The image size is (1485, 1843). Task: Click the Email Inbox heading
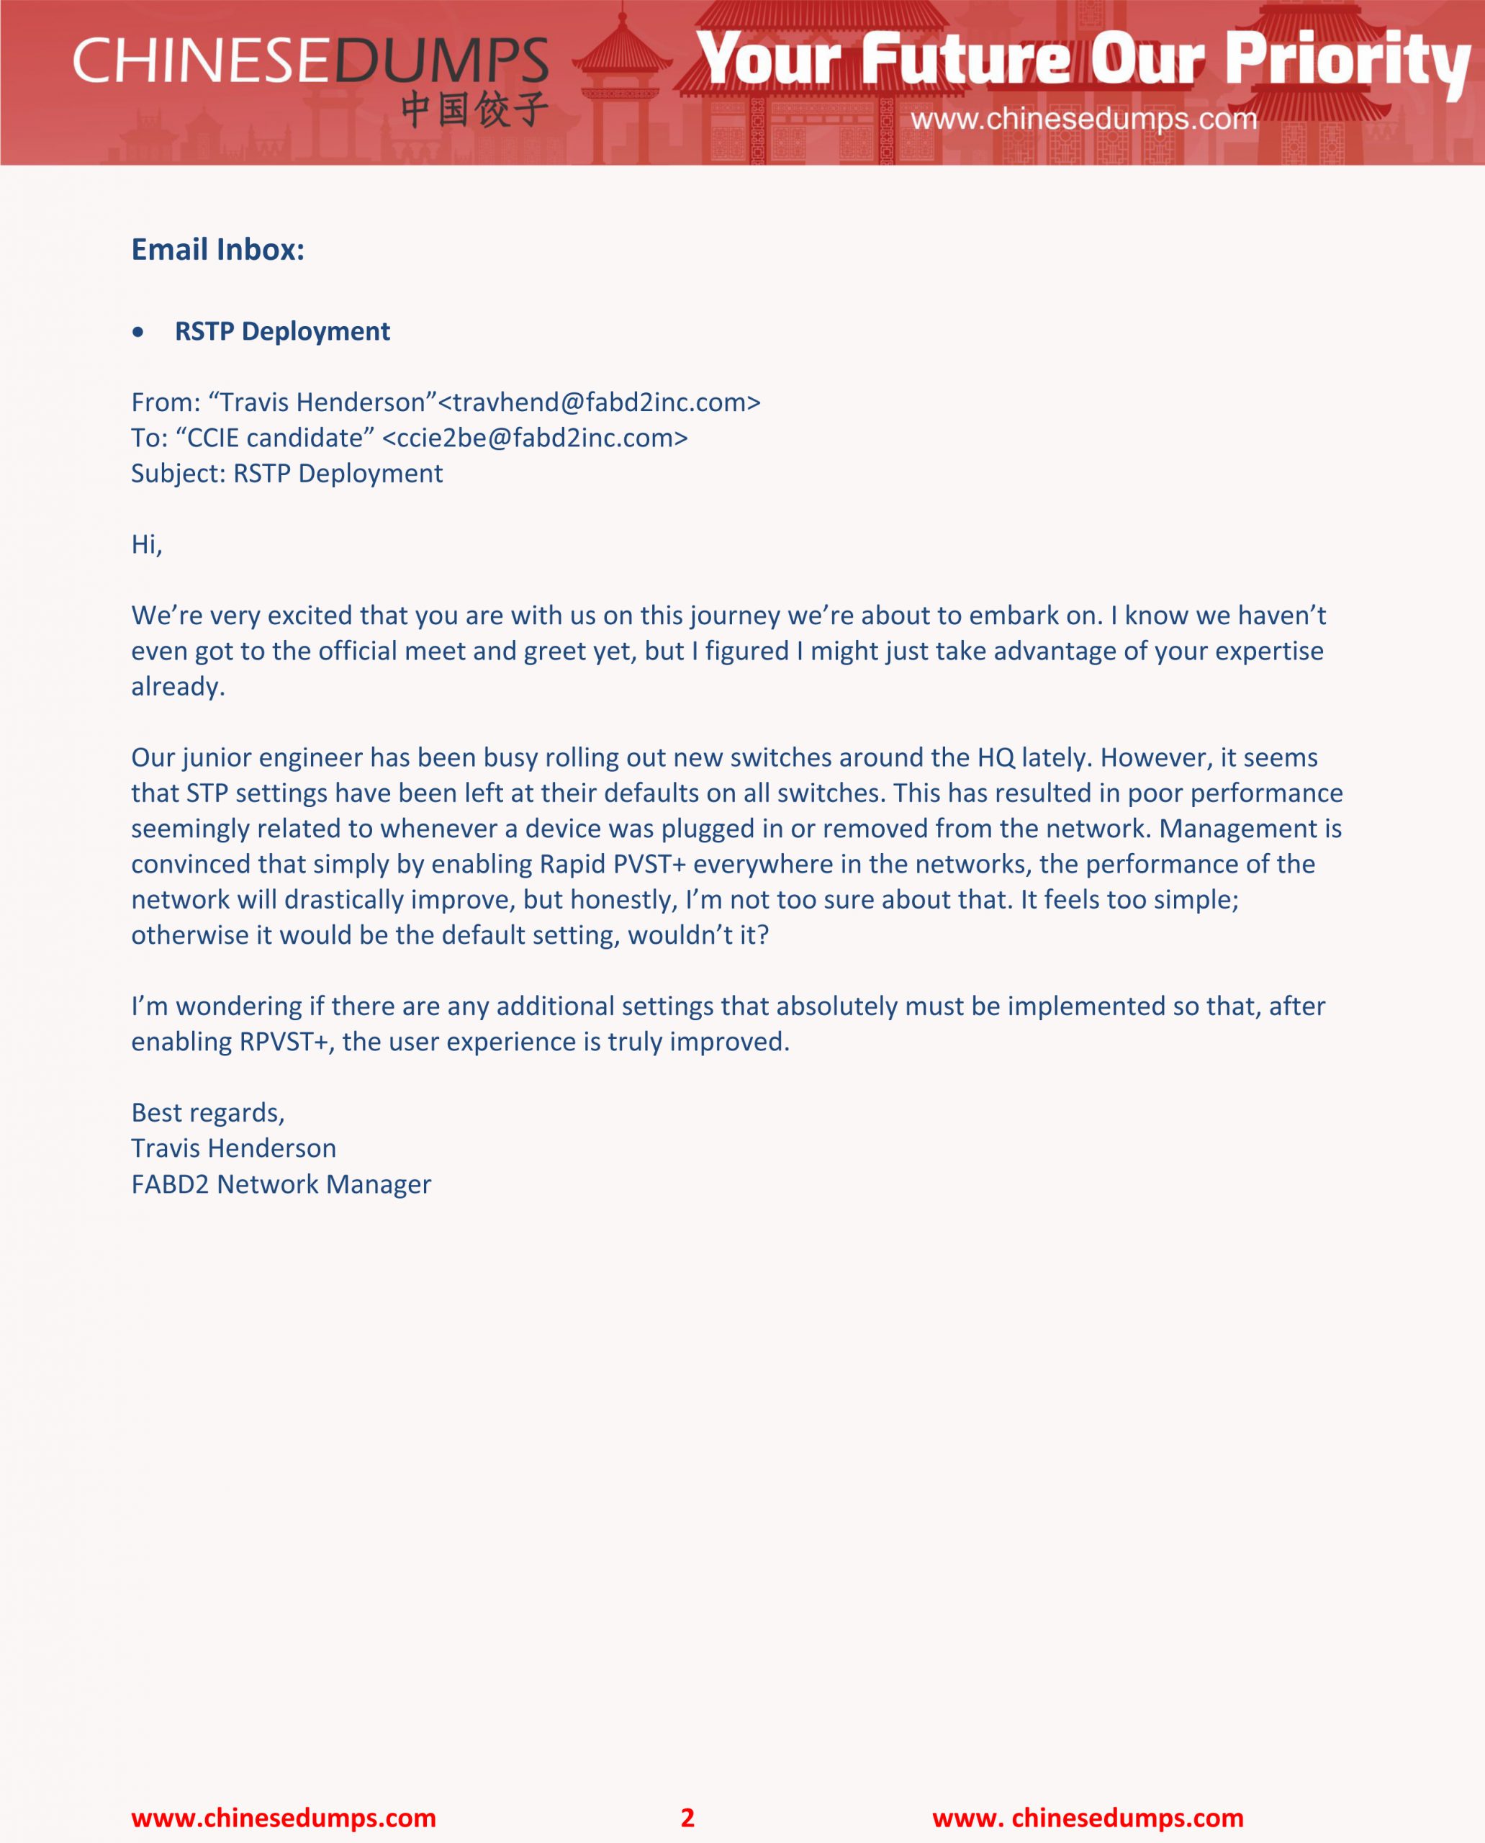pos(217,249)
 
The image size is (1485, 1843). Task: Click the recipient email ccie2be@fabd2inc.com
pos(535,438)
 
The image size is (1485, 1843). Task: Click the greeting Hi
pos(145,544)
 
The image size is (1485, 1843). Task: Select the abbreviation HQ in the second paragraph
pos(996,757)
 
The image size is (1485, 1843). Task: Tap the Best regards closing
pos(208,1112)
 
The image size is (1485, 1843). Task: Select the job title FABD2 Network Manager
pos(281,1184)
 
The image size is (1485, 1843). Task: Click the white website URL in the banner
pos(1083,118)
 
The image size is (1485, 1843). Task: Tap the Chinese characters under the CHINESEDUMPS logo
pos(474,109)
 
